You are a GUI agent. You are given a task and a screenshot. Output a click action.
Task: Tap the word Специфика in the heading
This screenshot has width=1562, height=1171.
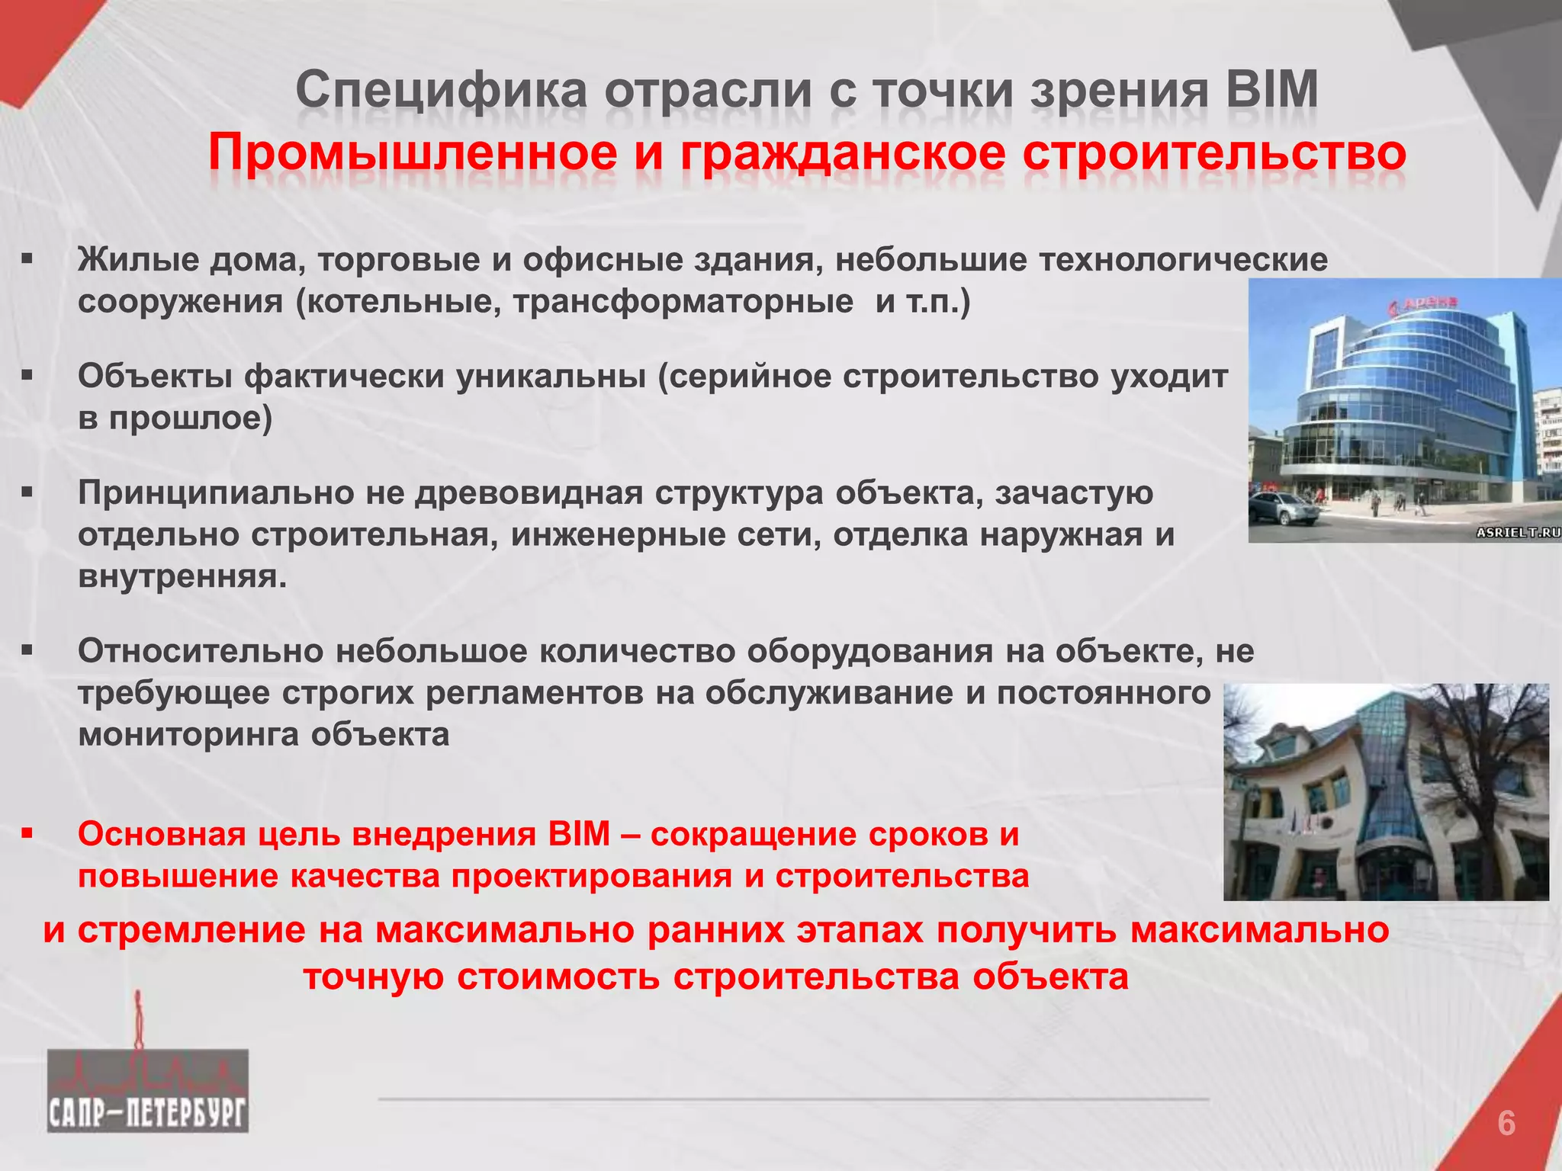(441, 91)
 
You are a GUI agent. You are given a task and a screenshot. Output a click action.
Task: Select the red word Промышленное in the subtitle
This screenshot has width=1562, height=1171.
(413, 153)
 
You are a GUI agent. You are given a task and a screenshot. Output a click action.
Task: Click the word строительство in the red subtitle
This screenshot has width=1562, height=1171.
(1214, 153)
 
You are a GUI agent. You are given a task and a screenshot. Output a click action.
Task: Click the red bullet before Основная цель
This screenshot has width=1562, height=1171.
(27, 833)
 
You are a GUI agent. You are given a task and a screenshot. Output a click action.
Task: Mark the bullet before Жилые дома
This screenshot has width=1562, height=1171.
(27, 260)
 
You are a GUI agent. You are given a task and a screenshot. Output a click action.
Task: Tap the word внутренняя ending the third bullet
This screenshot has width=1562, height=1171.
(182, 576)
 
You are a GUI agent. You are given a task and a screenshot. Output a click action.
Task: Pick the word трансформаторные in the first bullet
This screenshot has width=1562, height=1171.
(683, 302)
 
